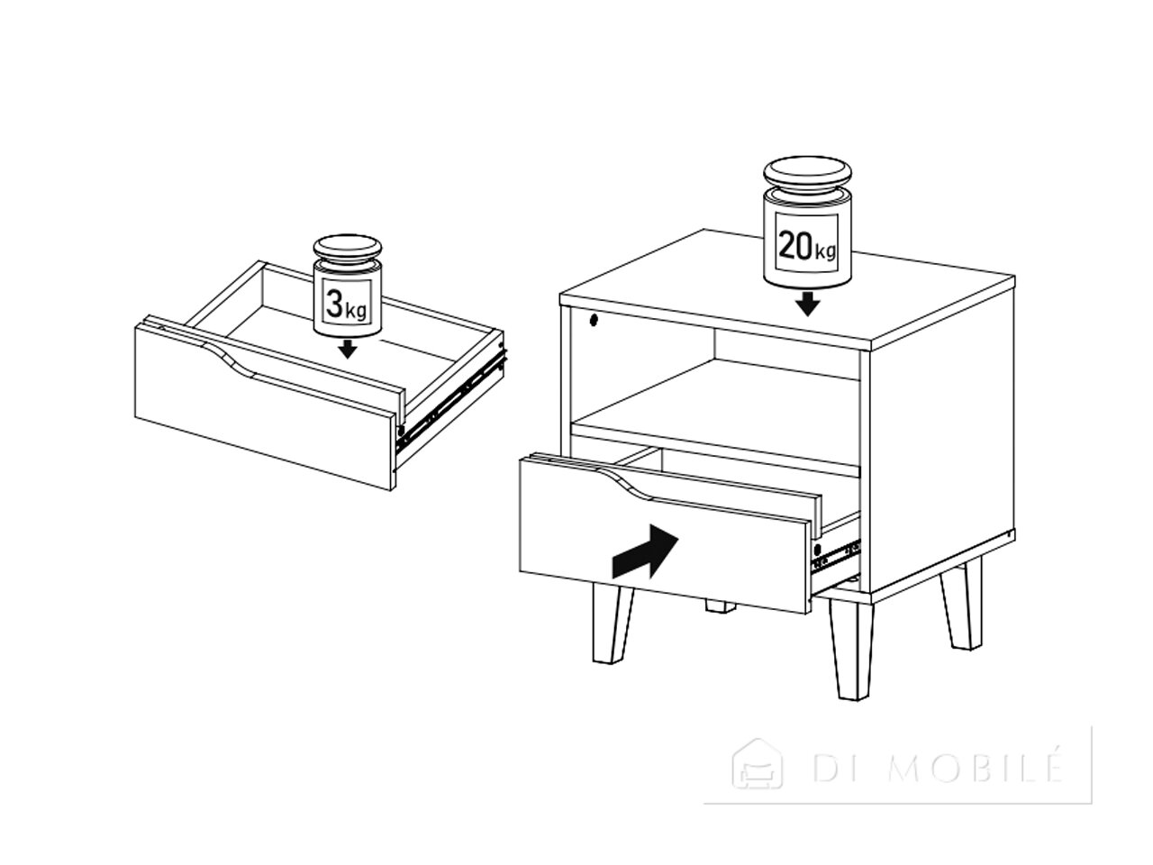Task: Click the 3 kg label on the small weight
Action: point(346,305)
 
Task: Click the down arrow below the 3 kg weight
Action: point(347,349)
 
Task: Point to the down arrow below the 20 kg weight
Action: point(807,304)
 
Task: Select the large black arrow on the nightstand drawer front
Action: point(645,551)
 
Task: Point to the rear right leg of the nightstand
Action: point(960,603)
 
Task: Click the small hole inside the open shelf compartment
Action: point(595,320)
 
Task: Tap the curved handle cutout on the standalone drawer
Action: point(232,361)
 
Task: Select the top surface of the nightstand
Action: point(787,287)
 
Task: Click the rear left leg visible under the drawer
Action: point(720,606)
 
